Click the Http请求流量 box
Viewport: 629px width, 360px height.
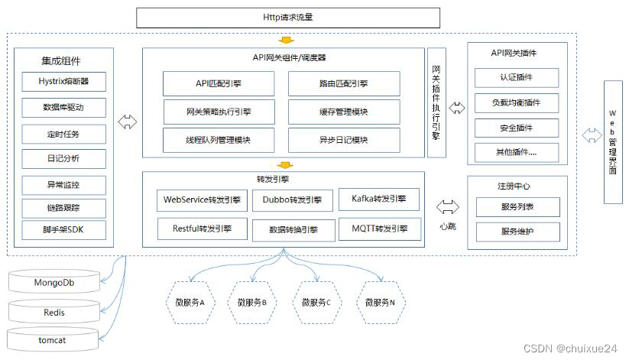pyautogui.click(x=288, y=18)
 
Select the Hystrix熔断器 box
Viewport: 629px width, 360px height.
pyautogui.click(x=63, y=82)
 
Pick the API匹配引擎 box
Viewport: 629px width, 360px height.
pyautogui.click(x=218, y=84)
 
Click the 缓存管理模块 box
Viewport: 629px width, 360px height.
pyautogui.click(x=343, y=112)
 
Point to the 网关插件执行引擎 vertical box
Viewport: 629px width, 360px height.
pyautogui.click(x=436, y=102)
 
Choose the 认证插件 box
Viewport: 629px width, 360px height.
pyautogui.click(x=516, y=78)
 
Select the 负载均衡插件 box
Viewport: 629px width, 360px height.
pyautogui.click(x=516, y=102)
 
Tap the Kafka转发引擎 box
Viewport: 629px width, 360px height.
pyautogui.click(x=379, y=199)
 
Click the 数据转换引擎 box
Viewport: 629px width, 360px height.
pyautogui.click(x=293, y=230)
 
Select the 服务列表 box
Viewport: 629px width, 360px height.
pyautogui.click(x=517, y=207)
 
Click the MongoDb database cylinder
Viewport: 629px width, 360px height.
pyautogui.click(x=54, y=282)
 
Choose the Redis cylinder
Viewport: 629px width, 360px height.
pyautogui.click(x=54, y=312)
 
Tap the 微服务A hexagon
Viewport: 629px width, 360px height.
pyautogui.click(x=190, y=302)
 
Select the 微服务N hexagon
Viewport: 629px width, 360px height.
pyautogui.click(x=380, y=302)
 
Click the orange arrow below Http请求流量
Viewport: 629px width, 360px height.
pyautogui.click(x=286, y=40)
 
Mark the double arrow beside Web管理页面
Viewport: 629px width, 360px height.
pyautogui.click(x=591, y=136)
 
